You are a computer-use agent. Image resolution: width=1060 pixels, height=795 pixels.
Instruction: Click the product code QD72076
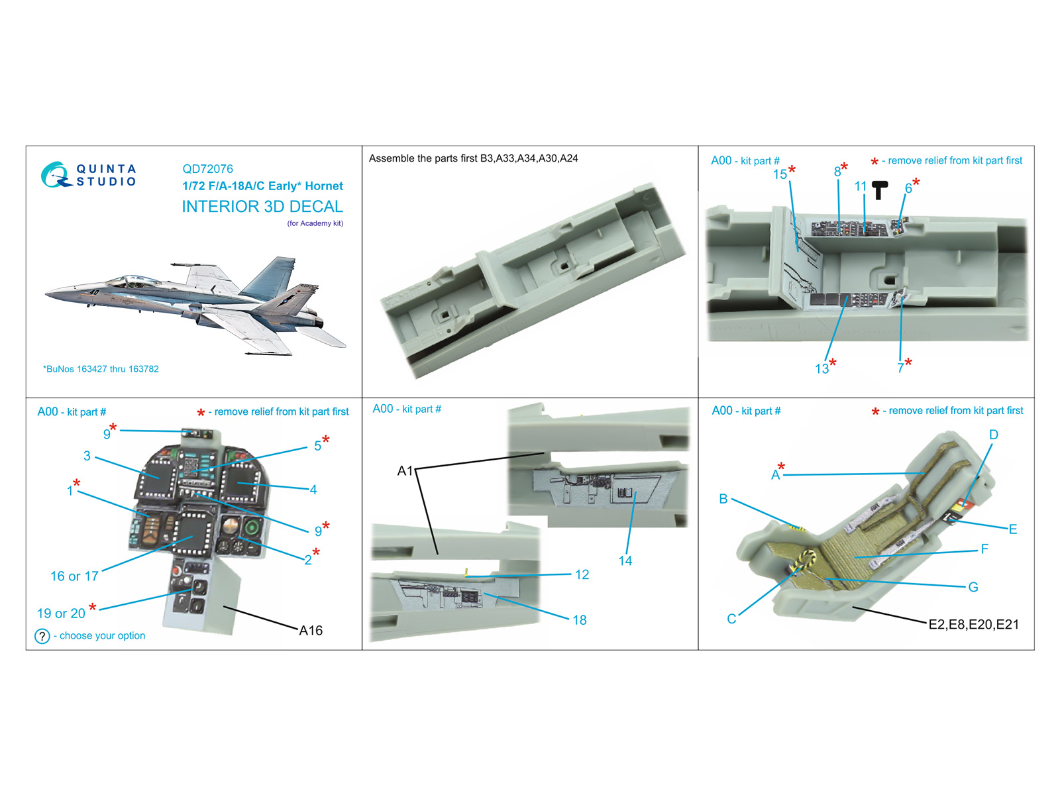tap(207, 169)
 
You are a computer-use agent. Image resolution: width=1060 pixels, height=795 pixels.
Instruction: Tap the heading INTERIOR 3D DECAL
tap(262, 207)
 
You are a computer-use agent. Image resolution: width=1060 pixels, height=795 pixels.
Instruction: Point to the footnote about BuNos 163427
tap(101, 369)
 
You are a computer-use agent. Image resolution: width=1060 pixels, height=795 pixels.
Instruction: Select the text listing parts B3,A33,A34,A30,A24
tap(474, 158)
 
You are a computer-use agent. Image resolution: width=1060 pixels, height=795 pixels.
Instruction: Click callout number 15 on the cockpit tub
tap(780, 174)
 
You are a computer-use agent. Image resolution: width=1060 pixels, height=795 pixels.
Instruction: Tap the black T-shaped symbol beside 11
tap(879, 190)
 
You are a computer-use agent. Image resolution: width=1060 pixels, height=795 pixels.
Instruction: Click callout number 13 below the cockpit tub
tap(821, 369)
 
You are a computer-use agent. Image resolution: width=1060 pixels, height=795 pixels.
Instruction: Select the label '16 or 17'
tap(74, 576)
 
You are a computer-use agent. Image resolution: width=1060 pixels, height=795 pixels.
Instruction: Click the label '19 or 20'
tap(61, 613)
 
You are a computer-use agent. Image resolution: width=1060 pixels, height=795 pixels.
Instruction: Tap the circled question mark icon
tap(42, 636)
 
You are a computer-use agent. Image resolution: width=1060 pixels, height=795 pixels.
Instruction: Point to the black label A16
tap(311, 631)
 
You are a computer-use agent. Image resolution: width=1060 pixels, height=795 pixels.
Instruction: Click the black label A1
tap(405, 471)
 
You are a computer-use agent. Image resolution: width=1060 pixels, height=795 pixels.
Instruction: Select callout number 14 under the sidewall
tap(625, 561)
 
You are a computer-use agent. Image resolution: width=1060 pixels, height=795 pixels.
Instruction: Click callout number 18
tap(580, 620)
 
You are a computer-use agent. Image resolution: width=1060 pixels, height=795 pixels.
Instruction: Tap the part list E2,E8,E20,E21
tap(973, 624)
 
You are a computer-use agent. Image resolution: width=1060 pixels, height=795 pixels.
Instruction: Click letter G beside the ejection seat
tap(973, 587)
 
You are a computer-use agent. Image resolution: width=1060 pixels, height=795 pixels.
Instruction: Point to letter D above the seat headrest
tap(993, 435)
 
